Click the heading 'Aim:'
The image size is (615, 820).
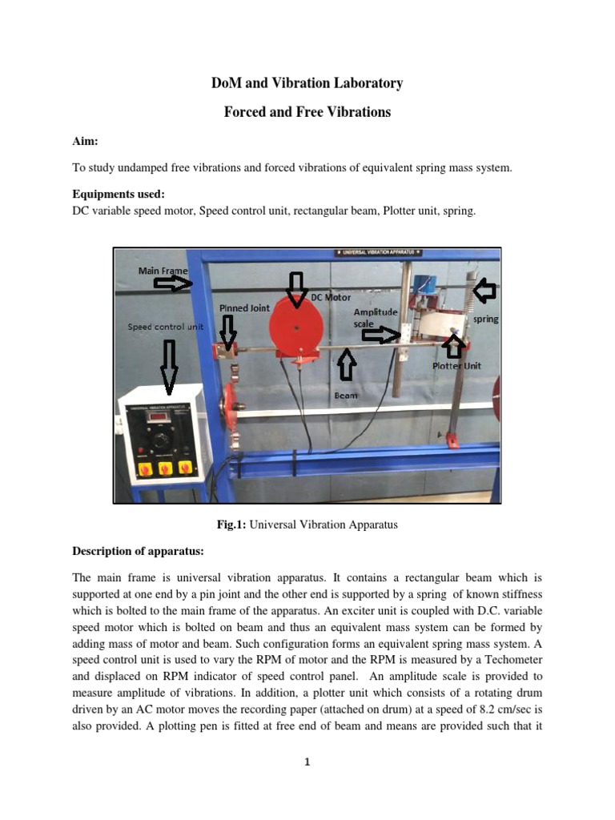point(85,141)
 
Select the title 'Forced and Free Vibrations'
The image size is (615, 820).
point(307,112)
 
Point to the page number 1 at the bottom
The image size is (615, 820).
point(307,762)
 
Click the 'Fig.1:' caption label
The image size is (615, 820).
point(233,525)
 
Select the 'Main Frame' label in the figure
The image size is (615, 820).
point(163,271)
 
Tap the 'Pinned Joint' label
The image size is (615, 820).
point(245,307)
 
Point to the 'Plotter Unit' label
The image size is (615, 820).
point(456,366)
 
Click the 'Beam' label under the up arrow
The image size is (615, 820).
point(346,395)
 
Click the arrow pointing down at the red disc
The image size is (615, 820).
point(296,288)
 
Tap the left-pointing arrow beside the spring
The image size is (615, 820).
point(484,291)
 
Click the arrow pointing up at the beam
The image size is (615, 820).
point(346,364)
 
